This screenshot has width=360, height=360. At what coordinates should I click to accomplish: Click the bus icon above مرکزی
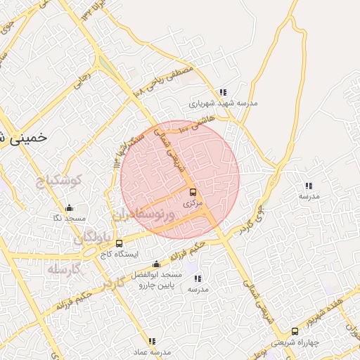click(x=193, y=192)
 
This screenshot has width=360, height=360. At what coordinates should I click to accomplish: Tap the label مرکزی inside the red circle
click(x=192, y=202)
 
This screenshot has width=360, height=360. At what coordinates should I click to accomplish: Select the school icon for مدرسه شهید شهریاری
click(x=223, y=92)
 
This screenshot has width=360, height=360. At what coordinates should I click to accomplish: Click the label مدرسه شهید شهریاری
click(x=223, y=103)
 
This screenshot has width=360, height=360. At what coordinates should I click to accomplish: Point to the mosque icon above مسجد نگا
click(x=69, y=208)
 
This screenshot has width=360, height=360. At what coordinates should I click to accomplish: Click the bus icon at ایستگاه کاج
click(x=118, y=243)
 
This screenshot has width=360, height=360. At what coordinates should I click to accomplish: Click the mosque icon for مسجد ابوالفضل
click(x=156, y=264)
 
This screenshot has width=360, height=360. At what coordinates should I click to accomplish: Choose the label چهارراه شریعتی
click(x=304, y=342)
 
